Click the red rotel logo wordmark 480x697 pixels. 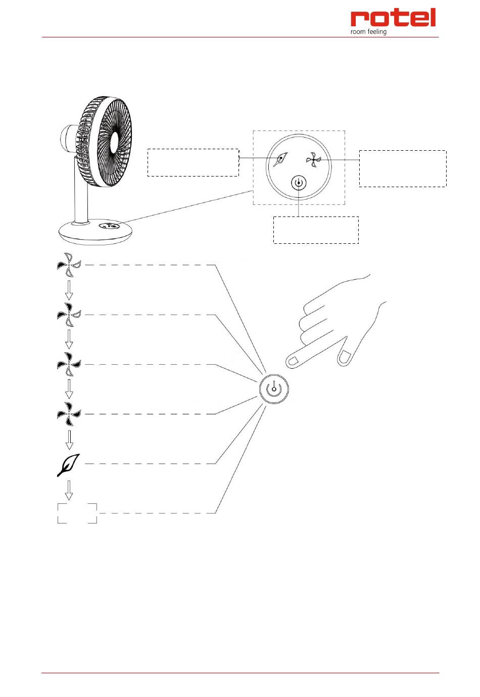pos(393,18)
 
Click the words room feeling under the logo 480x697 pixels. pos(368,32)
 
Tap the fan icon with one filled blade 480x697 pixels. pos(69,265)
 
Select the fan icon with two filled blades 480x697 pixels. pos(69,315)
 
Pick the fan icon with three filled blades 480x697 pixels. pos(69,364)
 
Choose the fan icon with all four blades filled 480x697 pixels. pos(69,414)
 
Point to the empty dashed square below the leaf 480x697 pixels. pos(77,513)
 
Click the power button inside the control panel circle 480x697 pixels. pos(299,183)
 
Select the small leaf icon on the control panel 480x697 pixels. pos(280,160)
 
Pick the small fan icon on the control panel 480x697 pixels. pos(313,160)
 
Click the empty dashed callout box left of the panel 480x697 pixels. pos(193,162)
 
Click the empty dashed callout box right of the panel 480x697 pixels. pos(403,168)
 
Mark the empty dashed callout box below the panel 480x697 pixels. pos(316,230)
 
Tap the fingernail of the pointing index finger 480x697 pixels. pos(293,362)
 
